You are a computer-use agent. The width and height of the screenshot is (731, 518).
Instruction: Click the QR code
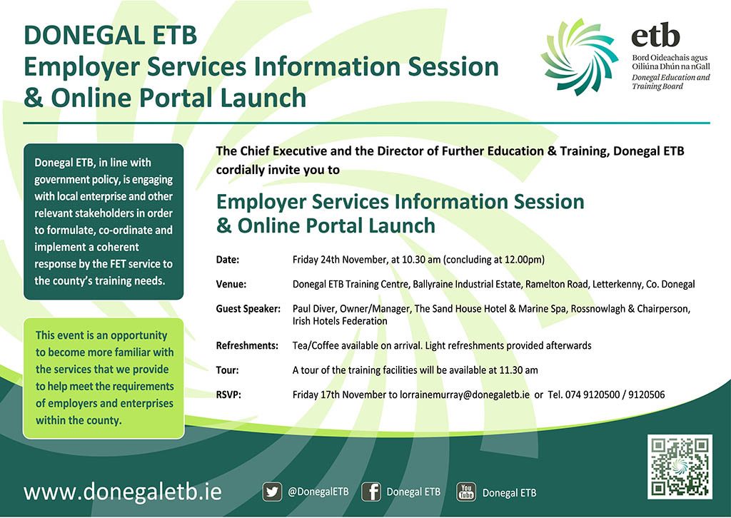click(680, 467)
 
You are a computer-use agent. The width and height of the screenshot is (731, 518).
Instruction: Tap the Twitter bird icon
click(272, 492)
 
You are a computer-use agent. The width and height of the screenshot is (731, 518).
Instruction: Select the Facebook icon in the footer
click(371, 492)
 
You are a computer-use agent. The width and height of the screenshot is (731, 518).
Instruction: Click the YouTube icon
click(466, 492)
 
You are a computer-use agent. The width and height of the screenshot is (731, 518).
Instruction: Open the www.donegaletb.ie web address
click(123, 492)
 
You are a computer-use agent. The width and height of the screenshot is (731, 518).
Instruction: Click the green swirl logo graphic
click(580, 57)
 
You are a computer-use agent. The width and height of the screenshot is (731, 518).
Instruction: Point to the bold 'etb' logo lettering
click(655, 35)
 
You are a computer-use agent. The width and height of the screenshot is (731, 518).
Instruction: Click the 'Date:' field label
click(228, 260)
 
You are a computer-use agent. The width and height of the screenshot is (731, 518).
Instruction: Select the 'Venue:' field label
click(231, 284)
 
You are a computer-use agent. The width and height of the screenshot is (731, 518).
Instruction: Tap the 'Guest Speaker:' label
click(248, 309)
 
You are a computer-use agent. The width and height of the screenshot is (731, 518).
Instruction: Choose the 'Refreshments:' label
click(247, 345)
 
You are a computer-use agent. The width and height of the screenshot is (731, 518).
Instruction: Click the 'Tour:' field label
click(228, 370)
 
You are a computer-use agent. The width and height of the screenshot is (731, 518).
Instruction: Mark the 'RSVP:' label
click(228, 395)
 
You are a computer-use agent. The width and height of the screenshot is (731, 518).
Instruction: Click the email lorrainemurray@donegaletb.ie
click(465, 395)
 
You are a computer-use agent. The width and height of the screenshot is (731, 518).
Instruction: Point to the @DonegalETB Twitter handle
click(318, 492)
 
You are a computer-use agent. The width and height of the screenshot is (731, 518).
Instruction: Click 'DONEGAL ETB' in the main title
click(111, 36)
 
